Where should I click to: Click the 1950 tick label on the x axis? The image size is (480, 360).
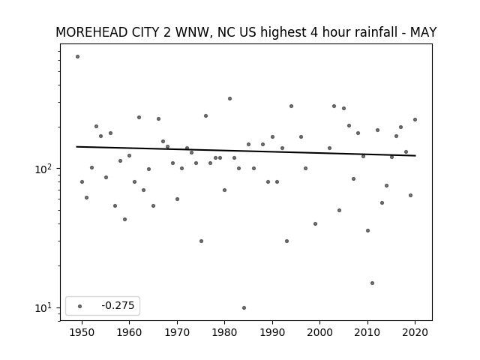[82, 332]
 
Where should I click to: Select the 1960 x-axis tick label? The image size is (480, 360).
[129, 332]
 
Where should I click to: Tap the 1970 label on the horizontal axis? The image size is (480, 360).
[177, 332]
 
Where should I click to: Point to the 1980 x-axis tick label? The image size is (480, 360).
[224, 332]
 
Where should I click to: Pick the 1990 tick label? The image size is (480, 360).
[272, 332]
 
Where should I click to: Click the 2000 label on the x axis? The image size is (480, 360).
[320, 332]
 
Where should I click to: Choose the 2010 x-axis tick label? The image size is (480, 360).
[367, 332]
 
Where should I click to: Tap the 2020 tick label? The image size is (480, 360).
[415, 332]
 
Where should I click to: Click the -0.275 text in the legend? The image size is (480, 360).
[118, 305]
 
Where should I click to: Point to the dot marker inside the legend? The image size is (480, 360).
[80, 306]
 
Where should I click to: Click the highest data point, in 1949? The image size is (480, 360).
[77, 57]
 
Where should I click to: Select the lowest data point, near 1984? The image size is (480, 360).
[244, 307]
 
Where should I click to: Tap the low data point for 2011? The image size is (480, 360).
[372, 283]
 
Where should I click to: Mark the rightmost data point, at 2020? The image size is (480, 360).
[415, 120]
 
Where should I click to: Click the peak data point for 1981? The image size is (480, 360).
[229, 98]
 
